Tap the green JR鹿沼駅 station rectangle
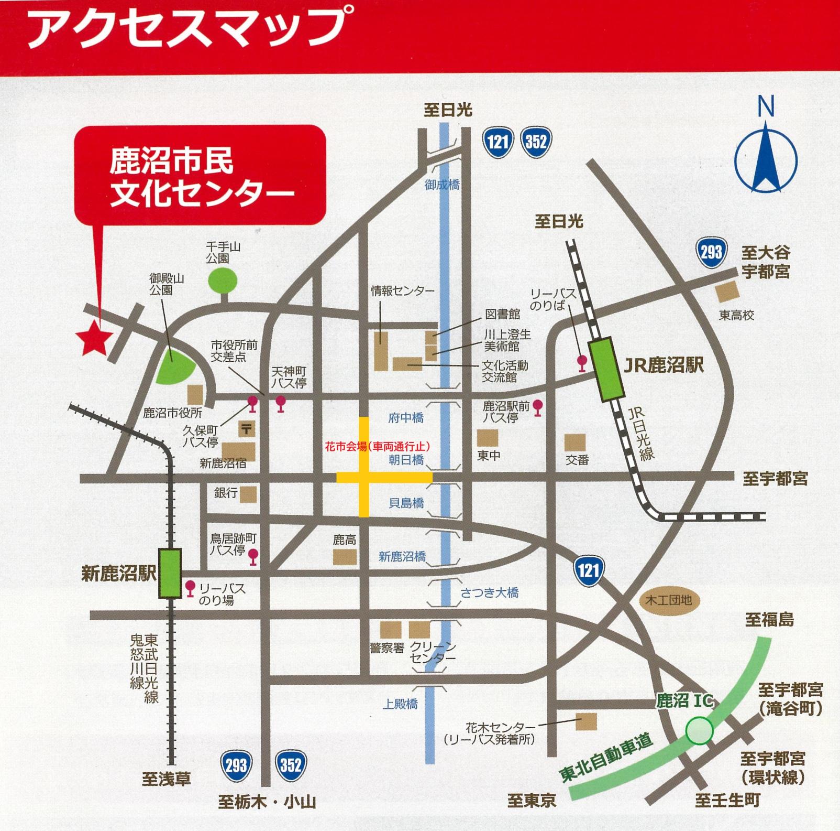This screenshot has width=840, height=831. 607,370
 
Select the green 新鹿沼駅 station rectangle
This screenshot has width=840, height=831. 170,573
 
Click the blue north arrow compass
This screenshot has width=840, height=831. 766,157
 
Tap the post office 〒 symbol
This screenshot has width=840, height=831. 246,429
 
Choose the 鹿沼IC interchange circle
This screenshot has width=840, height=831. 700,730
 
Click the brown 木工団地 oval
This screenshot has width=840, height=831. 669,600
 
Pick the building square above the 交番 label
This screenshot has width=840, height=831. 574,443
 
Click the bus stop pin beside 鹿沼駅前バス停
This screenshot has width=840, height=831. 537,407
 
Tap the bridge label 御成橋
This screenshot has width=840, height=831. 442,185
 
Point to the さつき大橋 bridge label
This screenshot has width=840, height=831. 489,593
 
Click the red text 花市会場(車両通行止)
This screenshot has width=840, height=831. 377,447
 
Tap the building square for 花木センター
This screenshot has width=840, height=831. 586,721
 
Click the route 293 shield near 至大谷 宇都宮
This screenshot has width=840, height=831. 711,253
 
